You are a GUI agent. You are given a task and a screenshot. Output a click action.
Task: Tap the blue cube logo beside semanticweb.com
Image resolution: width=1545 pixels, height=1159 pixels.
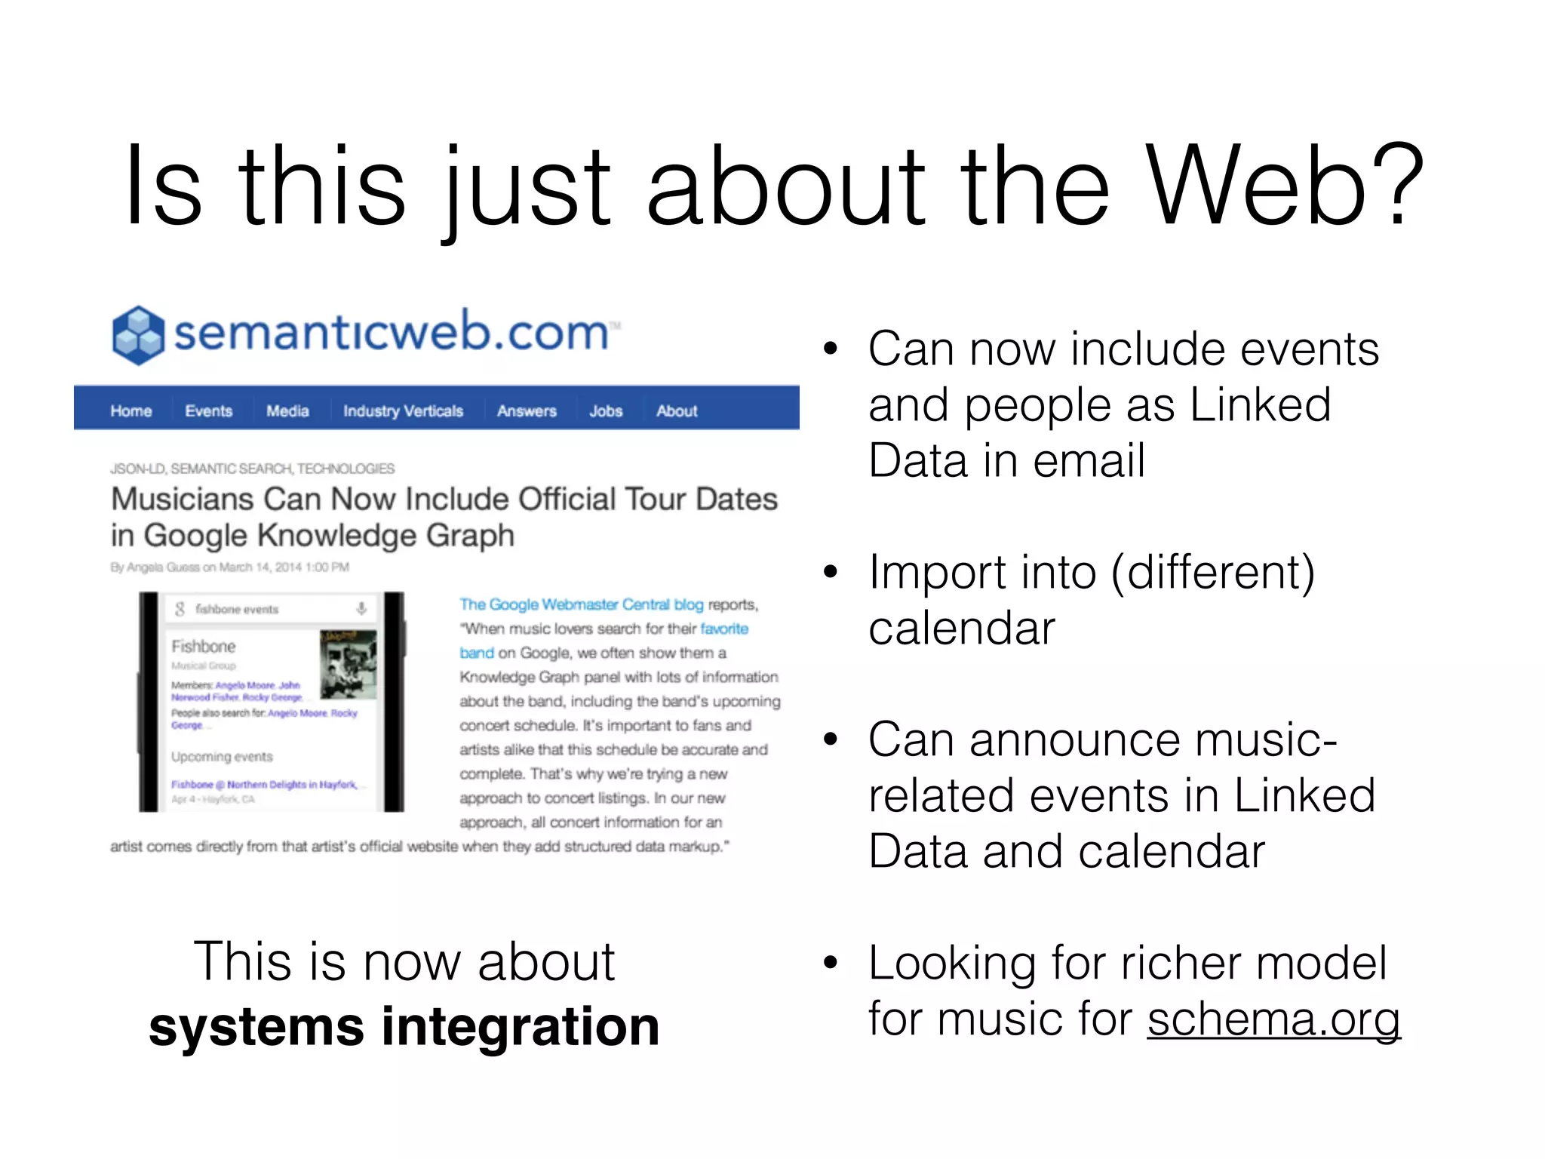(x=138, y=335)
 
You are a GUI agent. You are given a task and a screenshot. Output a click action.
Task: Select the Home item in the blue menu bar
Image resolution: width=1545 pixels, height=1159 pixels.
(x=131, y=411)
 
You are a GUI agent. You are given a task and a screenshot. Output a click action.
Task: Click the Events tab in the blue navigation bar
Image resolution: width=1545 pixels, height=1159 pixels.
(x=209, y=411)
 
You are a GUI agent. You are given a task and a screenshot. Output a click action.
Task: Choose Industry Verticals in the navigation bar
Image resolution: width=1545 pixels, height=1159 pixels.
(x=403, y=411)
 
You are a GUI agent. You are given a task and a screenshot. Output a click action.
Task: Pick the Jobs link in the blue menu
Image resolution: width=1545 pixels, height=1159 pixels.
(x=606, y=411)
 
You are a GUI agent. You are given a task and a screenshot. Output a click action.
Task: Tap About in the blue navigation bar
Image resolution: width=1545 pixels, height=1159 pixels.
(x=677, y=411)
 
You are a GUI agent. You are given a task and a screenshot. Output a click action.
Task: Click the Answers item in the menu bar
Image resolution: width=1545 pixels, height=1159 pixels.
(x=527, y=411)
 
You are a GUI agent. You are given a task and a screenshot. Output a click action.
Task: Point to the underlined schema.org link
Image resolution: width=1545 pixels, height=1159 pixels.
(x=1273, y=1019)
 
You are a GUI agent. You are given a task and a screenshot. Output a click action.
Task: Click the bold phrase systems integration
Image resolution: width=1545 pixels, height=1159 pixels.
(x=404, y=1027)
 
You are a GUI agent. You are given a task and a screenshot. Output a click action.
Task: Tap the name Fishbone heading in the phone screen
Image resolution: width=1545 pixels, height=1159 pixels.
(x=204, y=647)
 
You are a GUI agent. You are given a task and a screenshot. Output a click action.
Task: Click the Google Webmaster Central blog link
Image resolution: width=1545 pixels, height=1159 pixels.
(x=581, y=604)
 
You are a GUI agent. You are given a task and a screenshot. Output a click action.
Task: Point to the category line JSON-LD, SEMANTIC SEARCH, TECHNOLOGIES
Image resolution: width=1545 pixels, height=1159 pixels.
(x=252, y=469)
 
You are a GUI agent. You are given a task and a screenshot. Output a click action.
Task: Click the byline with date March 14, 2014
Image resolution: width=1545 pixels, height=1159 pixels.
(x=229, y=567)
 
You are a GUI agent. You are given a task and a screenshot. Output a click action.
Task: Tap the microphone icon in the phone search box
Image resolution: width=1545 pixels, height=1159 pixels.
(x=361, y=608)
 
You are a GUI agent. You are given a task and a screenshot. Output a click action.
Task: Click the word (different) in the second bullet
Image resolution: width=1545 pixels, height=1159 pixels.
(x=1212, y=572)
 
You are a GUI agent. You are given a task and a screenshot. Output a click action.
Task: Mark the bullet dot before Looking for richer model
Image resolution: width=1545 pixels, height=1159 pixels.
(x=831, y=963)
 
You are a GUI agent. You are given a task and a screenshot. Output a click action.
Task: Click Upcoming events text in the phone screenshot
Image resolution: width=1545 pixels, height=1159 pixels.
(x=222, y=757)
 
